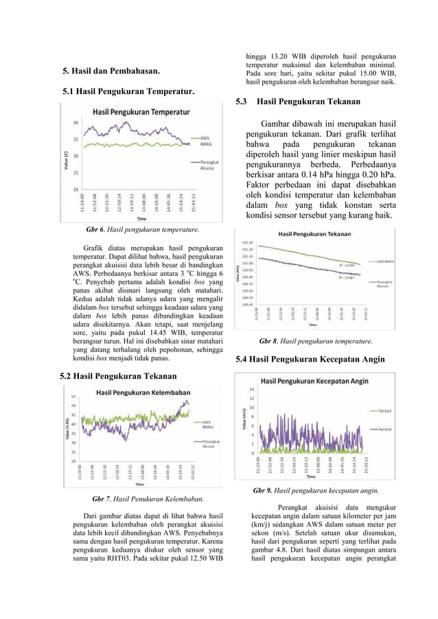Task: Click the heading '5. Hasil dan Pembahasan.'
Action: point(111,71)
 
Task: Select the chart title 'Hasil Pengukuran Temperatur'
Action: point(141,110)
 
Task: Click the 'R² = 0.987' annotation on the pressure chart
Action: point(349,278)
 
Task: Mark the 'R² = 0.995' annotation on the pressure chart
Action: point(350,264)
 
